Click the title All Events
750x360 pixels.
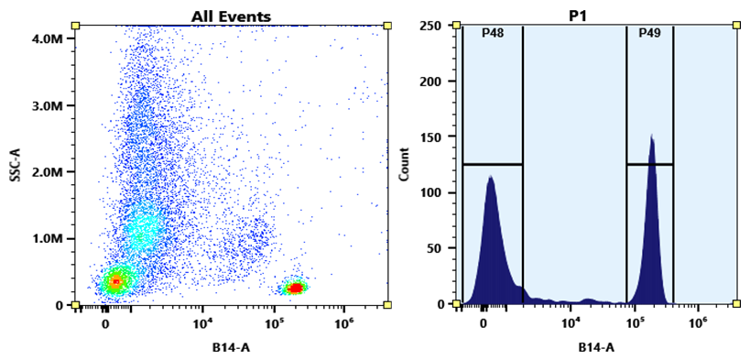[x=231, y=16]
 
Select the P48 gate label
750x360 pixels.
[x=493, y=33]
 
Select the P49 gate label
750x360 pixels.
[x=649, y=33]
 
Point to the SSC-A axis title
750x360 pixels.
[x=16, y=163]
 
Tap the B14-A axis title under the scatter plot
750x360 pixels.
[x=231, y=347]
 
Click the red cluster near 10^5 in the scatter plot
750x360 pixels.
[x=295, y=288]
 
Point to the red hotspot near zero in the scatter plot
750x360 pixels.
[x=115, y=281]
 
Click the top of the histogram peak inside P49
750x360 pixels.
[x=652, y=136]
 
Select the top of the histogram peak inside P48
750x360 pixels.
[x=491, y=177]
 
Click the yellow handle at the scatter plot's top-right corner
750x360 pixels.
[x=387, y=26]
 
